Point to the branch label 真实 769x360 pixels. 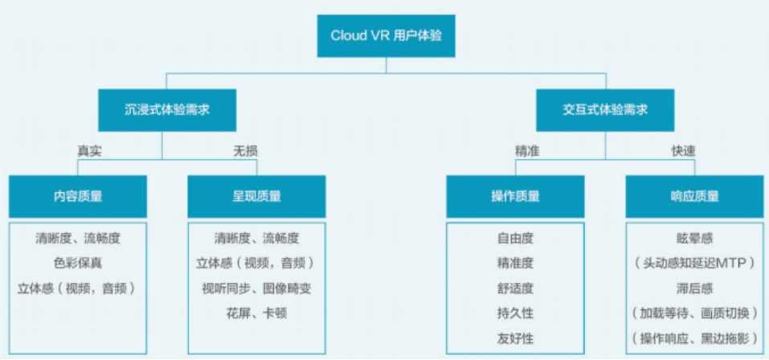[x=89, y=150]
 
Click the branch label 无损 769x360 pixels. [x=245, y=150]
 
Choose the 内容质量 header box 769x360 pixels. [x=78, y=196]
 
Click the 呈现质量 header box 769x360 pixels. [x=257, y=196]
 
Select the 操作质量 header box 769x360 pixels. [x=516, y=196]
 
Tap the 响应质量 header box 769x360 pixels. [x=694, y=196]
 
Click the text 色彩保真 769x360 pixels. [x=79, y=263]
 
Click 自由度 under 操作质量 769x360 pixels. [x=515, y=239]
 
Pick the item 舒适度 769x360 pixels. [x=515, y=288]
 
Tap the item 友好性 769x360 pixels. [x=515, y=337]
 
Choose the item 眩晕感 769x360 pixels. [x=694, y=239]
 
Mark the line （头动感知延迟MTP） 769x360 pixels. [x=694, y=263]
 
